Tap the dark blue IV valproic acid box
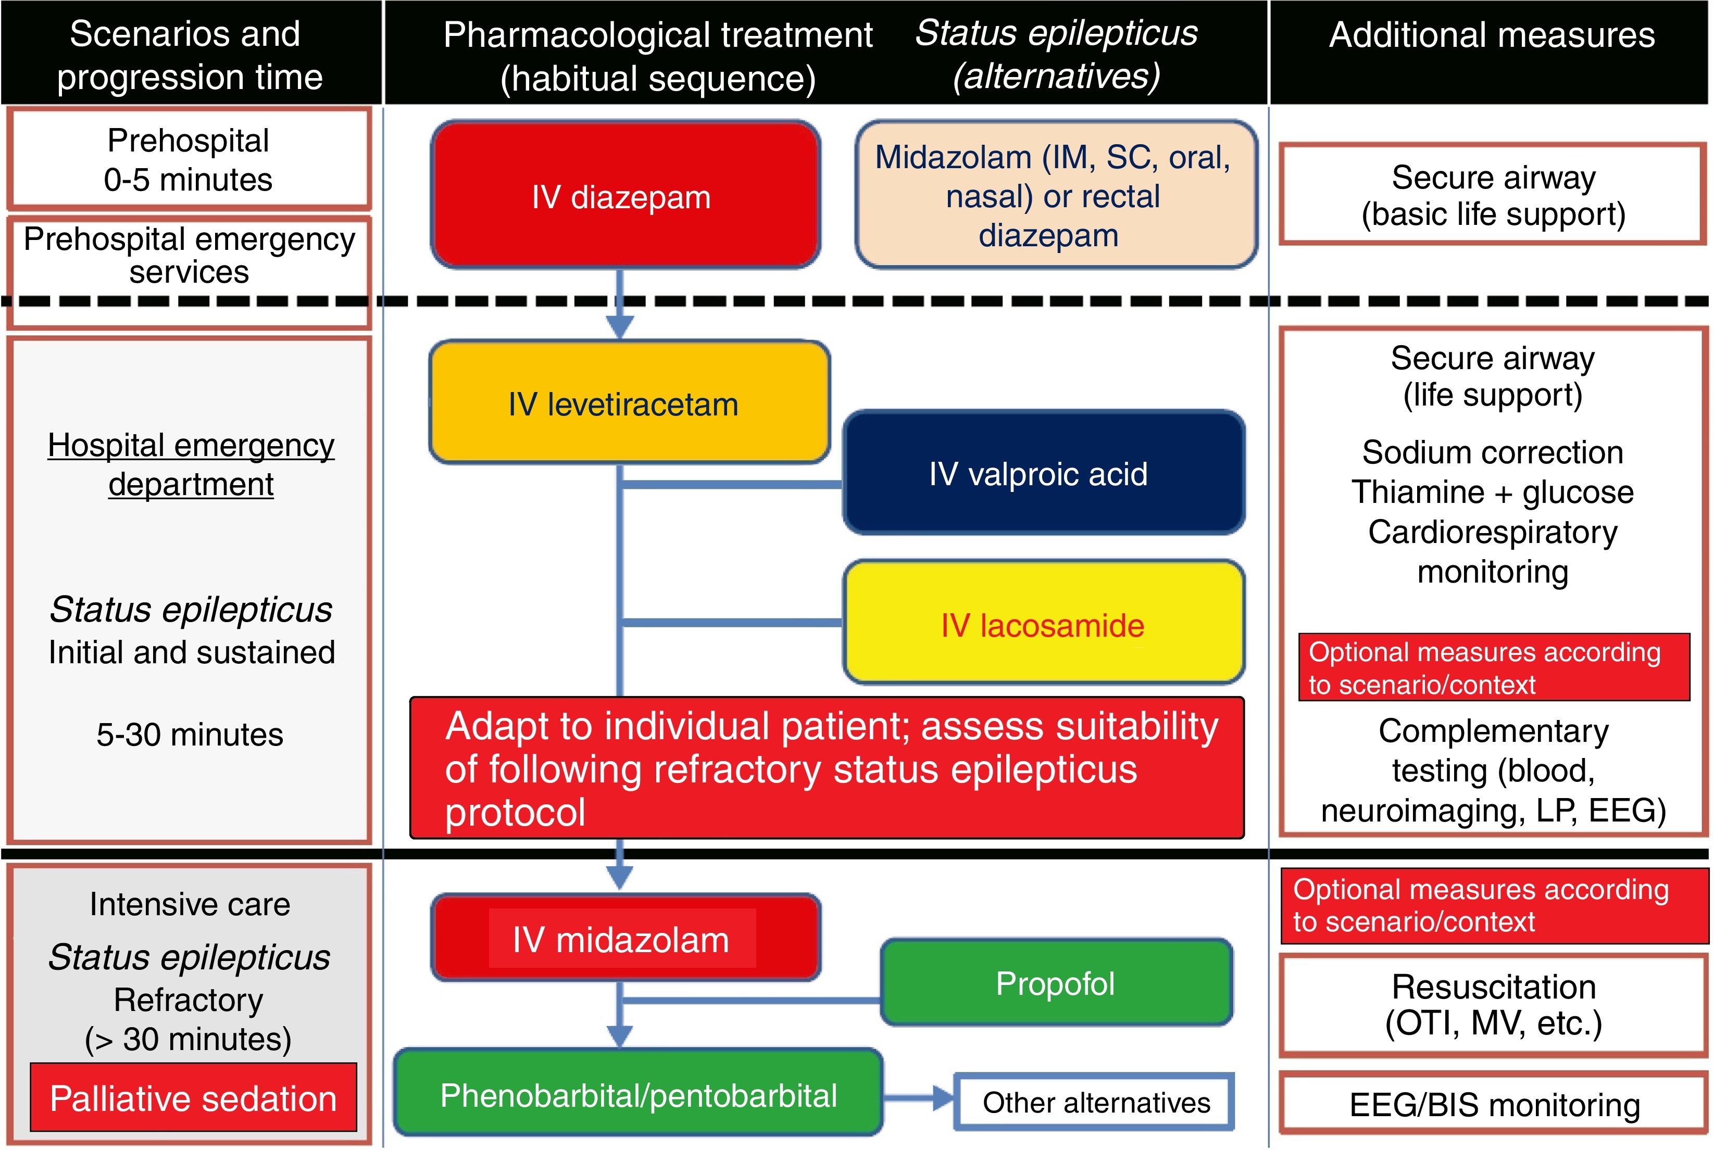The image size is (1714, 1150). pos(1043,473)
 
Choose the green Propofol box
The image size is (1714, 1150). pos(1056,983)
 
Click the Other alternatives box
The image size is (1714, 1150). pos(1095,1102)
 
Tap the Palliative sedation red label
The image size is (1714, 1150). pos(193,1098)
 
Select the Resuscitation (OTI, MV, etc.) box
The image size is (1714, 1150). pos(1493,1005)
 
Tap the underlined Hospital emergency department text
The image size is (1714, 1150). pos(191,464)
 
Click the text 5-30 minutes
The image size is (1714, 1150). pos(189,734)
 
